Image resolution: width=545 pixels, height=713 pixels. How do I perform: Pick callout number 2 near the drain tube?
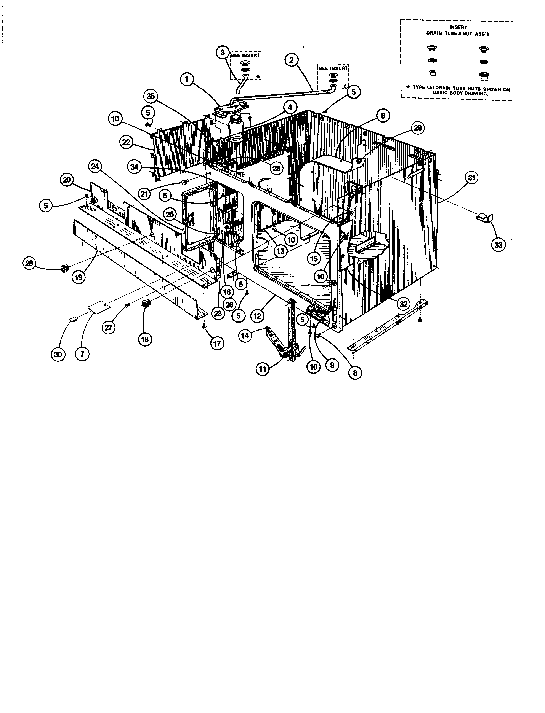(292, 60)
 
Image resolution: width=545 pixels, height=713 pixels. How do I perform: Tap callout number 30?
(58, 354)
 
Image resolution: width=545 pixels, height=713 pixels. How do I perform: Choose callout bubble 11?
(263, 369)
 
